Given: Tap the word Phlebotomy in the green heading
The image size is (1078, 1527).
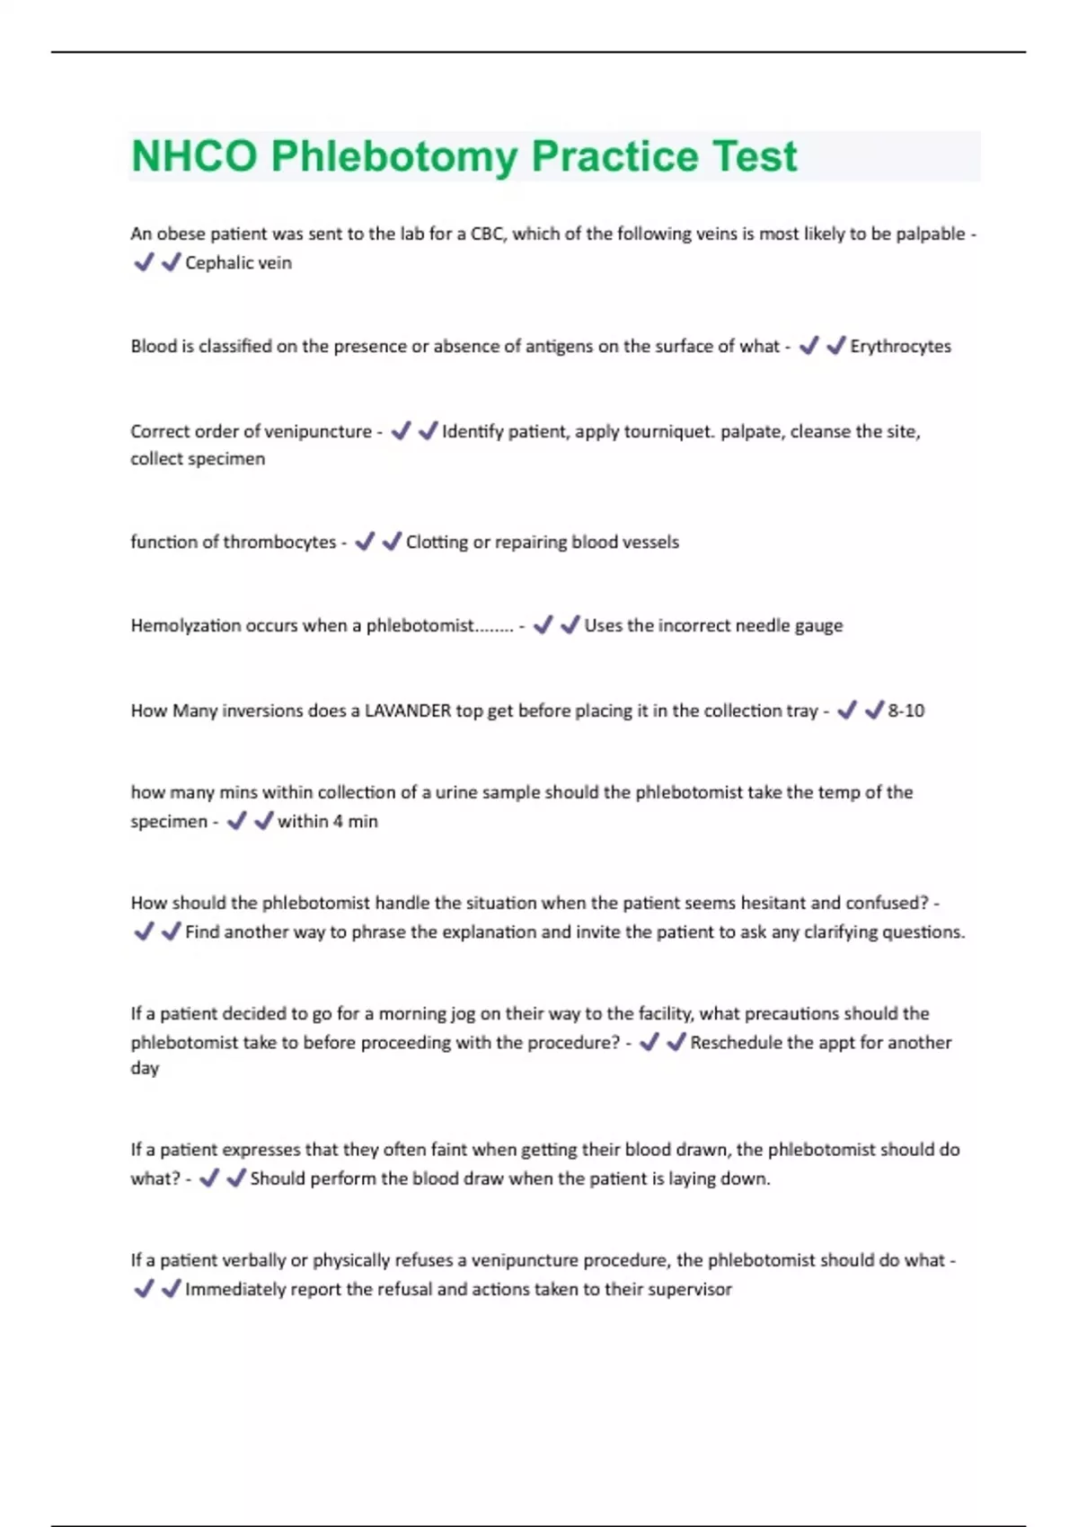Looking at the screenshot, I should click(x=394, y=156).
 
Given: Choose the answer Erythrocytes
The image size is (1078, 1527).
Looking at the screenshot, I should click(x=900, y=346).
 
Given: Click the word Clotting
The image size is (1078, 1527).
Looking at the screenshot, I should click(x=436, y=542).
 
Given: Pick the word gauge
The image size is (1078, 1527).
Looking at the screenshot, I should click(x=818, y=625).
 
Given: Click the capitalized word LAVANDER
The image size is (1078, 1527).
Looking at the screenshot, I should click(x=407, y=711).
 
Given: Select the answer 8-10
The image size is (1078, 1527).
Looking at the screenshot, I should click(x=906, y=711).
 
